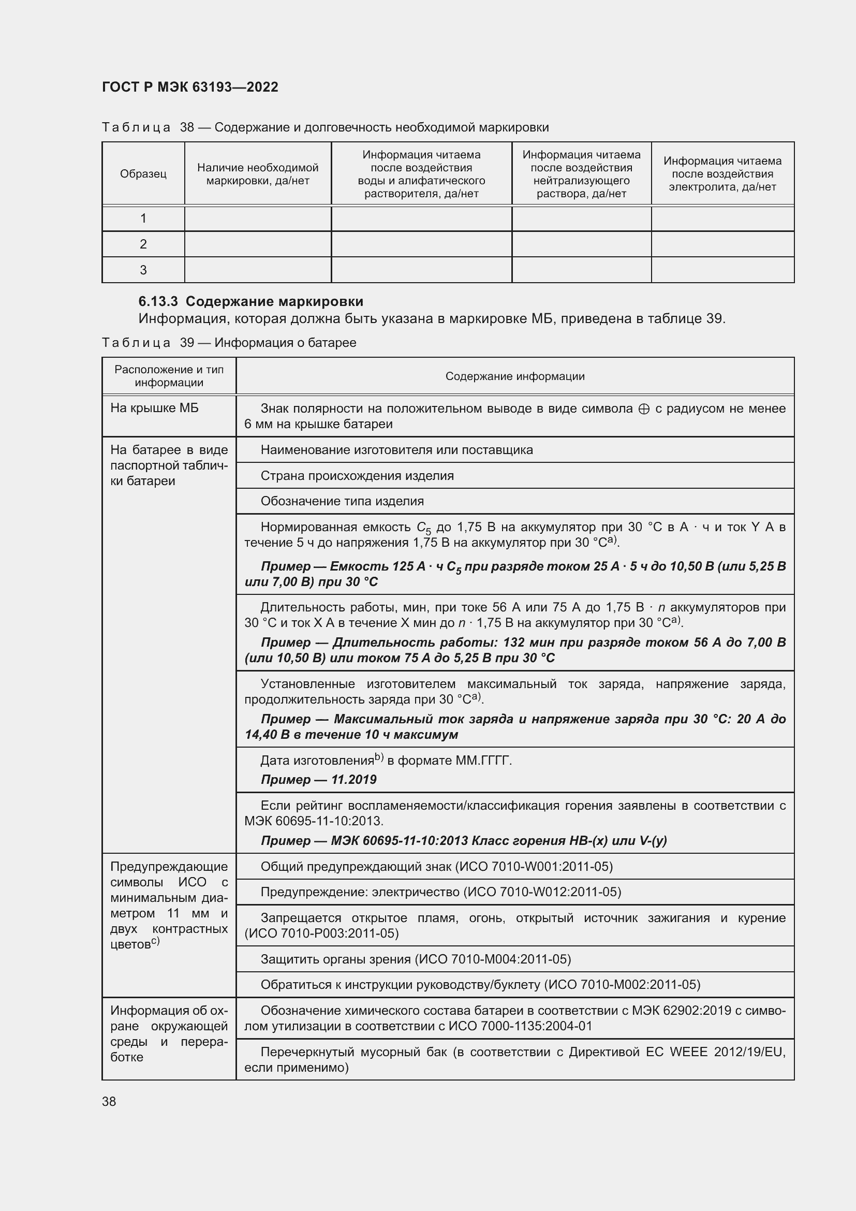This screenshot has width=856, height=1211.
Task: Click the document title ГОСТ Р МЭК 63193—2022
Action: (x=190, y=87)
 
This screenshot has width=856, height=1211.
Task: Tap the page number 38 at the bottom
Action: (x=109, y=1101)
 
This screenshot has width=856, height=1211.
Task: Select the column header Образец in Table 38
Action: (x=143, y=173)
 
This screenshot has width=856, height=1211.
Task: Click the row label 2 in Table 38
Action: (x=143, y=244)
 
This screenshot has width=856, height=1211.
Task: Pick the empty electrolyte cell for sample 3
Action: (x=722, y=270)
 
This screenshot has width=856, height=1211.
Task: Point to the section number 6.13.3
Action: (x=158, y=302)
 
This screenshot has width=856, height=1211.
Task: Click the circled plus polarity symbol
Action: (x=644, y=409)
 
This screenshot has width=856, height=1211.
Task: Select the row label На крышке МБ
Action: (x=154, y=407)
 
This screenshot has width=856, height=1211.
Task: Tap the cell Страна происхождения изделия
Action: (x=357, y=476)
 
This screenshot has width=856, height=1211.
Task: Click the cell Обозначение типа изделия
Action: (x=342, y=501)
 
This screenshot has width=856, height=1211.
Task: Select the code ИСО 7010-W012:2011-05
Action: (x=542, y=892)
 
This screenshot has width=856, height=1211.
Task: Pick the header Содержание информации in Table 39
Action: (x=514, y=376)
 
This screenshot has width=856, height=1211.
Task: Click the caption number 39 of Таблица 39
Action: (x=187, y=343)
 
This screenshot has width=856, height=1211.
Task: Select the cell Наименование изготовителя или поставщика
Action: (x=396, y=450)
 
